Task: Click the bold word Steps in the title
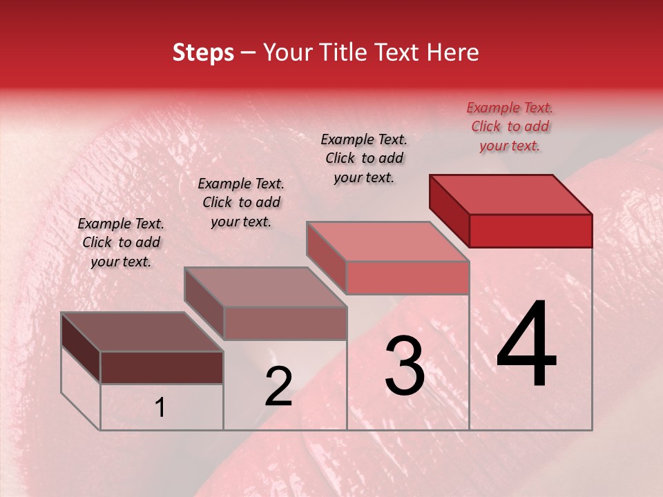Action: point(203,53)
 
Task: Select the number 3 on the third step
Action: point(405,366)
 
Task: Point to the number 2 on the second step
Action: point(279,387)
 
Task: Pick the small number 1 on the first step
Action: point(160,407)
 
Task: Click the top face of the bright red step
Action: point(511,194)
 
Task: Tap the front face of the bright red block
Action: point(530,231)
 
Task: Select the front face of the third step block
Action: point(407,277)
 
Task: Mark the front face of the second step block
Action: point(285,323)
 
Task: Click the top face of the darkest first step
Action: point(142,332)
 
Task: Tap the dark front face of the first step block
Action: point(162,367)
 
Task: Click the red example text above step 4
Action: point(510,126)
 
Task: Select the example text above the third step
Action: point(364,158)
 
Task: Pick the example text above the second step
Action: point(241,202)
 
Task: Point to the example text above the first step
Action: point(121,242)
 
